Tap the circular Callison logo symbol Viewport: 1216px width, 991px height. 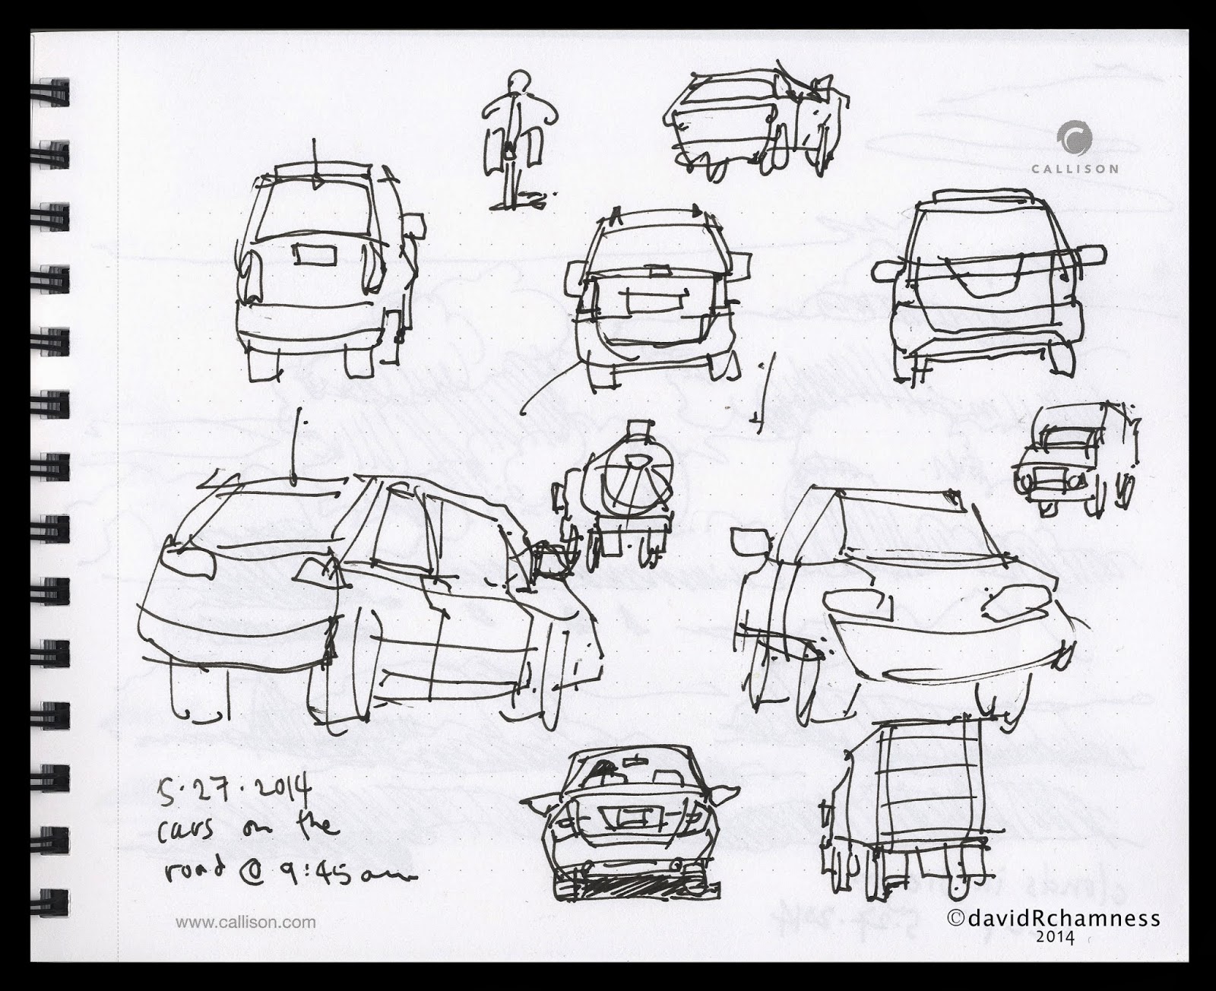point(1075,141)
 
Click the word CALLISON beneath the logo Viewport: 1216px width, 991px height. point(1075,169)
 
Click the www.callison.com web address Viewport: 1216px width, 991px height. point(245,923)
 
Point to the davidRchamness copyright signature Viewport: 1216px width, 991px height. point(1055,920)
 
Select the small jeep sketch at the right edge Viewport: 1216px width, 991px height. point(1078,460)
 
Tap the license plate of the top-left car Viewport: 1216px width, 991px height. point(313,254)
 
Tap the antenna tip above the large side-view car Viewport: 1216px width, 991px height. point(302,414)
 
